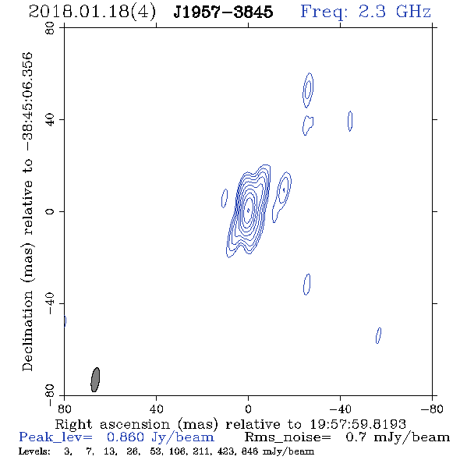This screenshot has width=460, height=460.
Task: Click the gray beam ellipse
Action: tap(95, 380)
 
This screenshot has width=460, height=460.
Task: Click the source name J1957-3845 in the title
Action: tap(223, 12)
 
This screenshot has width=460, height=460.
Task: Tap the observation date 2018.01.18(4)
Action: tap(92, 12)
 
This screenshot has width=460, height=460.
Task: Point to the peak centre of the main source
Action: tap(248, 211)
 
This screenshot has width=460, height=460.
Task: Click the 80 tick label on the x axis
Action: tap(64, 409)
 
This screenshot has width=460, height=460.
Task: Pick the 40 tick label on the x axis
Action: tap(156, 409)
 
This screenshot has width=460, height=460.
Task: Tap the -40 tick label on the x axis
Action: tap(340, 409)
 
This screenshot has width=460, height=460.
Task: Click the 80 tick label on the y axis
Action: tap(50, 28)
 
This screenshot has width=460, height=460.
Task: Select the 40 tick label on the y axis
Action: tap(50, 120)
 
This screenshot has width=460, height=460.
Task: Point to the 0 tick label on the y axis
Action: tap(50, 211)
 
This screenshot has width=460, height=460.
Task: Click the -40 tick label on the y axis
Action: tap(50, 303)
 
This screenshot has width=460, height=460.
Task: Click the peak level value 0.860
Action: tap(126, 437)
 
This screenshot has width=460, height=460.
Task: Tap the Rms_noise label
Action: tap(288, 437)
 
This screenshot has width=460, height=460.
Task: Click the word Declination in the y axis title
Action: tap(27, 331)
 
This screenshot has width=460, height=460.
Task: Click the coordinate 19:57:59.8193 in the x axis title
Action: tap(358, 424)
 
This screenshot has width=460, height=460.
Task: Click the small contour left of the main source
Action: tap(225, 198)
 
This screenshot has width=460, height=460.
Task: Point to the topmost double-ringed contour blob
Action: tap(308, 90)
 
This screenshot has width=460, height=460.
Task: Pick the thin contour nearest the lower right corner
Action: tap(378, 335)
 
